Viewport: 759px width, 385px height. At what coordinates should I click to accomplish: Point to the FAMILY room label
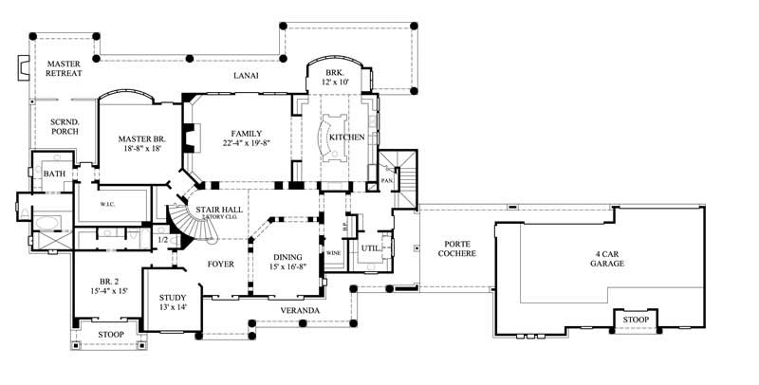pyautogui.click(x=245, y=134)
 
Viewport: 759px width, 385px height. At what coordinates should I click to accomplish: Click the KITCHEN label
pyautogui.click(x=346, y=137)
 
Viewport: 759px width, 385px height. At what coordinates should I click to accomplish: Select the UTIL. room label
pyautogui.click(x=370, y=247)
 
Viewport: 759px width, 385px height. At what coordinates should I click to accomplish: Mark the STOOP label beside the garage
pyautogui.click(x=636, y=320)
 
